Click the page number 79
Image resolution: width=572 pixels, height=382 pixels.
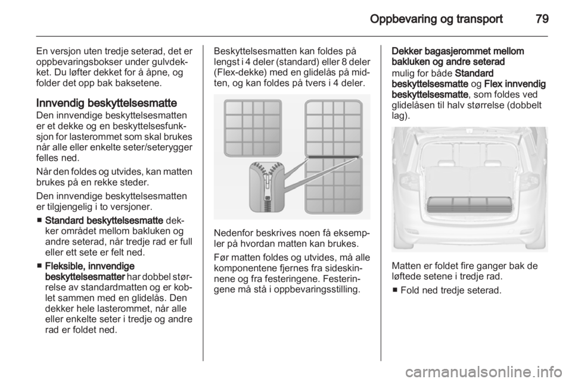[x=542, y=18]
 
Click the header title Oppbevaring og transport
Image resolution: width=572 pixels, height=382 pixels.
[x=436, y=19]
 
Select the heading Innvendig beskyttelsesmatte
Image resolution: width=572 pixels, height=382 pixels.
[x=107, y=103]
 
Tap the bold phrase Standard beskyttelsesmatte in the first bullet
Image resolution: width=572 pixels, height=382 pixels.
[x=104, y=220]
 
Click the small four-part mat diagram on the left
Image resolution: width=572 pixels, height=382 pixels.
[x=253, y=127]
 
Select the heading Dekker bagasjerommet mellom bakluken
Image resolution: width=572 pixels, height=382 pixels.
[x=458, y=56]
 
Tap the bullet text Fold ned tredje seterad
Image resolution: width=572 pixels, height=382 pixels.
[x=451, y=290]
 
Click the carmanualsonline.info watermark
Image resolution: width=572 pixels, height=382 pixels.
[x=486, y=372]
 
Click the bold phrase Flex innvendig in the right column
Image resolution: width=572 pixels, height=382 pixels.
[x=515, y=84]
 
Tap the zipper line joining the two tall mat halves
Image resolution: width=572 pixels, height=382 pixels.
[x=334, y=157]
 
